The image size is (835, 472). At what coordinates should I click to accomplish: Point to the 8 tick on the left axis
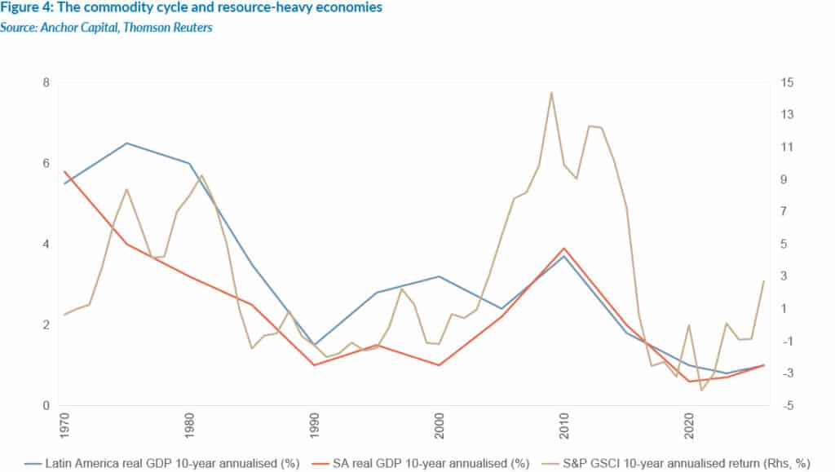pos(46,83)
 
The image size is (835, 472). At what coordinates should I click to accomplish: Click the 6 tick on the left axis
pos(46,164)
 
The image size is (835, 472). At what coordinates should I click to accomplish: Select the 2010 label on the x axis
pos(563,427)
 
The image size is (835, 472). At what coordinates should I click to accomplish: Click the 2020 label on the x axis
pos(689,427)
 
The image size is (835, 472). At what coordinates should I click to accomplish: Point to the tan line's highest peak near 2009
pos(551,92)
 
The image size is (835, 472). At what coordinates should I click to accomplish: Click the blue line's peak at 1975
pos(126,143)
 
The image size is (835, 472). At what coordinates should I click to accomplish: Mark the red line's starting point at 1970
pos(64,171)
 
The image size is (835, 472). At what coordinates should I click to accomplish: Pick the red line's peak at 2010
pos(563,248)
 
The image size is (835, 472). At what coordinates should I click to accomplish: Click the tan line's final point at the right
pos(764,280)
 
